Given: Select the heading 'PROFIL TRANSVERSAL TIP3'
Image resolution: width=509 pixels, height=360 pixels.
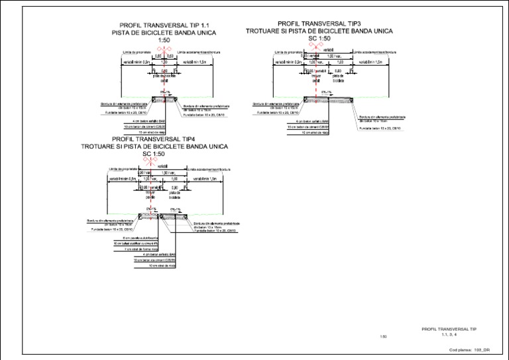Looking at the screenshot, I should [319, 23].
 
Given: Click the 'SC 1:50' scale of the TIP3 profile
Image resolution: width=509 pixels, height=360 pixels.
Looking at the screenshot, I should [319, 38].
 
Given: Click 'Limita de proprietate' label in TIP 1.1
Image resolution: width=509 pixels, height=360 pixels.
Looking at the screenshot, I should [137, 51].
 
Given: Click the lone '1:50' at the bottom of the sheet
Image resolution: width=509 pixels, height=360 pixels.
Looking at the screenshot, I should [383, 337].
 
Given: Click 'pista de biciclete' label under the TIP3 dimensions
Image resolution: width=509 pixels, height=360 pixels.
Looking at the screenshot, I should [338, 78].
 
